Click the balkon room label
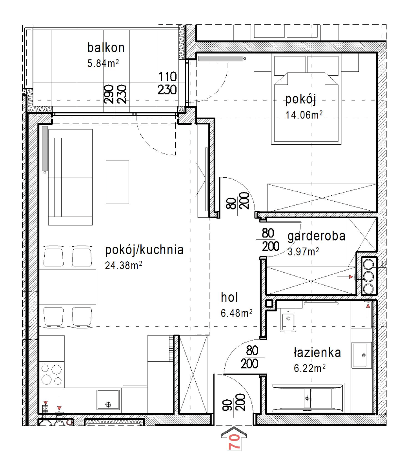[106, 47]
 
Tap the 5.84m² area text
[103, 63]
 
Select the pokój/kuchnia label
[144, 250]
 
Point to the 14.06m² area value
[304, 115]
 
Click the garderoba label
[317, 236]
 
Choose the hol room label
[229, 297]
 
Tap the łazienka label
[317, 352]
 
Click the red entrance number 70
[234, 443]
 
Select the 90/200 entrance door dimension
[234, 402]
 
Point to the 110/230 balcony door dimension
[167, 83]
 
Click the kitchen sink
[108, 399]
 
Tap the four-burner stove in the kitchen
[51, 375]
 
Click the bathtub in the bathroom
[307, 398]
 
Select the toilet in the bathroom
[288, 319]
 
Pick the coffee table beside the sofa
[117, 182]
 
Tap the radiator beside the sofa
[45, 148]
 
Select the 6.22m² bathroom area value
[309, 368]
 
